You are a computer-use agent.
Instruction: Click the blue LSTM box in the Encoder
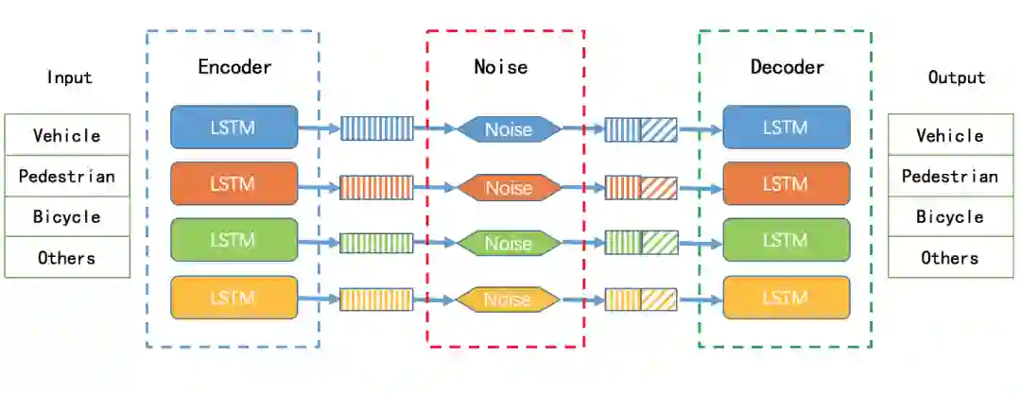pos(234,128)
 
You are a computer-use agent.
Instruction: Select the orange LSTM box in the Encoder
pos(234,183)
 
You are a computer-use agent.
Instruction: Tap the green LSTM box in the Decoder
pos(786,240)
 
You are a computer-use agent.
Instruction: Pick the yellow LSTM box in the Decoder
pos(786,298)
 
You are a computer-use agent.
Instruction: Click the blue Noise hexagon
pos(509,129)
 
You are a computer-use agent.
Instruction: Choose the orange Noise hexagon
pos(509,187)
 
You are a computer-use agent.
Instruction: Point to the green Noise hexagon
pos(509,244)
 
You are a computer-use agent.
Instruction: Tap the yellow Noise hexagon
pos(509,299)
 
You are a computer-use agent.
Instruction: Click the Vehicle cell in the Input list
pos(66,135)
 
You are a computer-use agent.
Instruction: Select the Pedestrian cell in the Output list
pos(949,176)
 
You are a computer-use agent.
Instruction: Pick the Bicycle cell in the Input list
pos(66,216)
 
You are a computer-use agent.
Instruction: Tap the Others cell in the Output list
pos(949,257)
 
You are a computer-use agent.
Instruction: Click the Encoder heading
pos(234,67)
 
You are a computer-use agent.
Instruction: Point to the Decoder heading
pos(787,67)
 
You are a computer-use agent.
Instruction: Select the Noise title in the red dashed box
pos(501,67)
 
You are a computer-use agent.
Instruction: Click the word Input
pos(70,77)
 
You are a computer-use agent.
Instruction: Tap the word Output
pos(957,77)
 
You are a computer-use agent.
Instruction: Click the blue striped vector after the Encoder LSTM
pos(376,128)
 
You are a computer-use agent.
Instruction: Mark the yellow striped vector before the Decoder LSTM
pos(641,299)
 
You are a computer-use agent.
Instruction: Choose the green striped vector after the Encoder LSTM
pos(376,243)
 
